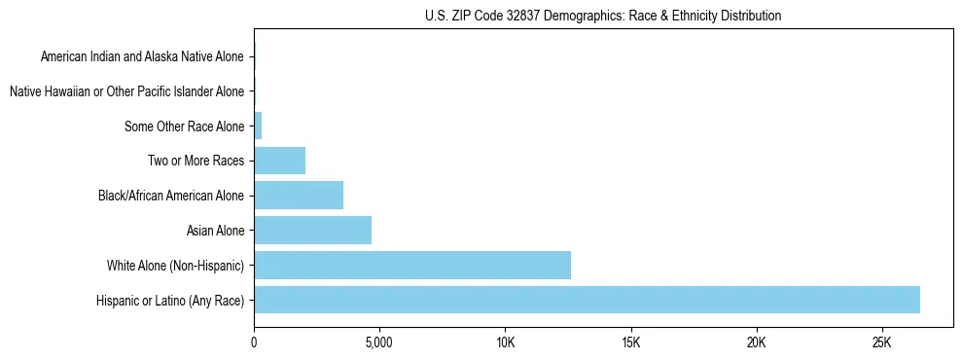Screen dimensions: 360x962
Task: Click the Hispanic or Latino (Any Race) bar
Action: [587, 300]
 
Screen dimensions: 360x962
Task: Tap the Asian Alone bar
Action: [312, 231]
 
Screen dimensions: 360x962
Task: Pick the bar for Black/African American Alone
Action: [299, 196]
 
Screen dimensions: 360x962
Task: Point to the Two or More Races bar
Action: [279, 161]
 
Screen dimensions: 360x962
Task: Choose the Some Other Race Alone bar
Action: [258, 126]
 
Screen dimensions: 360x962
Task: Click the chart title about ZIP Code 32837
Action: [603, 16]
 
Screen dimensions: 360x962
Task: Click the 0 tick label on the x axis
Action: [254, 342]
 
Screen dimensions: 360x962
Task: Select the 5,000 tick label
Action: [378, 342]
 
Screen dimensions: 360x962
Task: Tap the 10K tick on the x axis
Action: [505, 342]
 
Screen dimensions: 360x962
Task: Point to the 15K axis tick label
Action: [630, 342]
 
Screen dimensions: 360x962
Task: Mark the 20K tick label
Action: [756, 342]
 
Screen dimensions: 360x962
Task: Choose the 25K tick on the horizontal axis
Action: [881, 342]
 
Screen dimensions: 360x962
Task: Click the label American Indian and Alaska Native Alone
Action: [142, 56]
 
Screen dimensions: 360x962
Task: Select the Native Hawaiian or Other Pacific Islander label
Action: [126, 91]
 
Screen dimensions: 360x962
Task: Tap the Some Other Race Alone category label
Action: [185, 126]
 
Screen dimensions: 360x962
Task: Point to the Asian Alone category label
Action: [216, 231]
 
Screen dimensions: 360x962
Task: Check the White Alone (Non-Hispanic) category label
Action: [176, 266]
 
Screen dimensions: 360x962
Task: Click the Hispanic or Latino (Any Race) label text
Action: [170, 301]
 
